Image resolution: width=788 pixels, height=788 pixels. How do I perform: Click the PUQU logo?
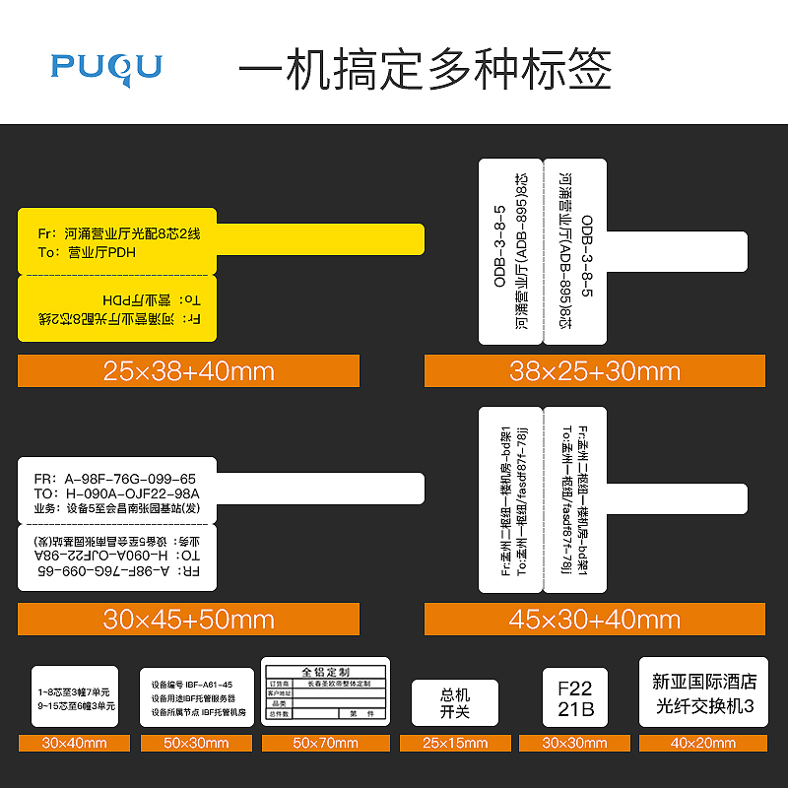(x=106, y=66)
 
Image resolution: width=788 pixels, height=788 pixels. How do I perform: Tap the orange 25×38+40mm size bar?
(x=188, y=371)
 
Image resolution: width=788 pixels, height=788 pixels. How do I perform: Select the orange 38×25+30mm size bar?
(x=594, y=371)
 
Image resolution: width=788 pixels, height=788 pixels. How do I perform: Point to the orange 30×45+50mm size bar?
(x=188, y=619)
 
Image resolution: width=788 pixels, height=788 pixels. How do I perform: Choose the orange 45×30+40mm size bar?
(x=594, y=619)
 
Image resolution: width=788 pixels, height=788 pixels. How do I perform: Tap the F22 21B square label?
(x=574, y=697)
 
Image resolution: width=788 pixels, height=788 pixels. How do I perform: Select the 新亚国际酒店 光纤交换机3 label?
(x=703, y=692)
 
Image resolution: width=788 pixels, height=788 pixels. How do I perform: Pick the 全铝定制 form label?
(x=325, y=691)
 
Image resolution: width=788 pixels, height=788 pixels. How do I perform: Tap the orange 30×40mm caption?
(x=74, y=743)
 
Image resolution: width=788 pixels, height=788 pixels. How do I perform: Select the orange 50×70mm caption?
(x=325, y=743)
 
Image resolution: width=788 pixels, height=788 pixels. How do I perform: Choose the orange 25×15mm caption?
(x=455, y=743)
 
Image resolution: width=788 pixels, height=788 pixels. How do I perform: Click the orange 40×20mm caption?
(x=703, y=743)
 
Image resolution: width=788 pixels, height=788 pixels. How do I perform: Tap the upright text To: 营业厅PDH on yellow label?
(x=87, y=252)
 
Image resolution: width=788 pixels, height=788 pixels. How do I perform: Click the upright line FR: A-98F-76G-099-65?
(x=114, y=479)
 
